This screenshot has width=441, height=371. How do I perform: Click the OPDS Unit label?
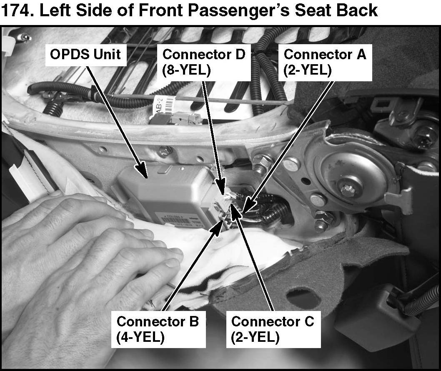point(85,54)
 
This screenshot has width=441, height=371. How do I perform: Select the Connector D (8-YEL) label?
point(204,62)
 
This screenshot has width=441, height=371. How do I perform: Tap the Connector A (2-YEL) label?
point(325,62)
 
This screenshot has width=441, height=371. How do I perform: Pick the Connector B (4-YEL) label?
point(158,329)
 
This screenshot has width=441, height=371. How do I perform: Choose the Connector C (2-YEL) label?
point(272,329)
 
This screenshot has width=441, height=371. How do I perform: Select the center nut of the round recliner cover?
point(348,190)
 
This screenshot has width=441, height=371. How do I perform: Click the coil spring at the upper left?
point(53,106)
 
